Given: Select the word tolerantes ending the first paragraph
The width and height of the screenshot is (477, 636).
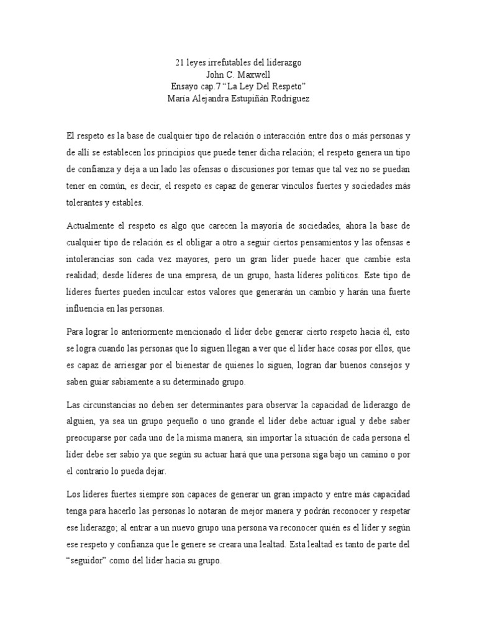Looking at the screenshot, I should (87, 202).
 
